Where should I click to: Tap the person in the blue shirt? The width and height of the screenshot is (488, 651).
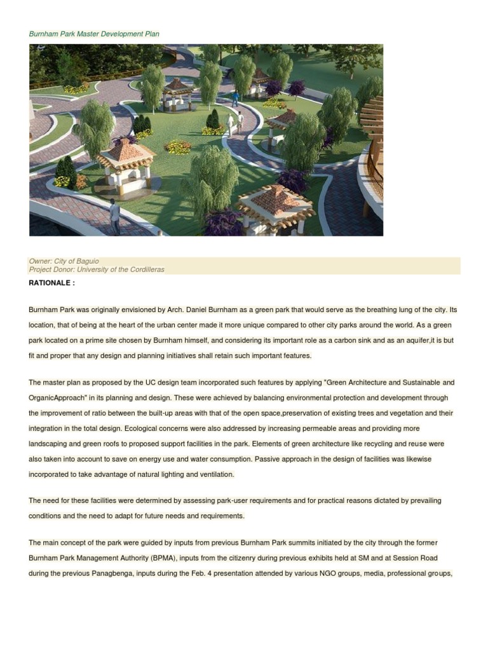pos(235,98)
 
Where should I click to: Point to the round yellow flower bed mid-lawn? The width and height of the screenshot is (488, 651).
pos(177,147)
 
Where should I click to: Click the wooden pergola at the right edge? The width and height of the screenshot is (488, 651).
pos(373,146)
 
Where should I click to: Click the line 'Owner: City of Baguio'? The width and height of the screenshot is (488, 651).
pos(64,261)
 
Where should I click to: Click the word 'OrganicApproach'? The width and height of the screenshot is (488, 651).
pos(56,398)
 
